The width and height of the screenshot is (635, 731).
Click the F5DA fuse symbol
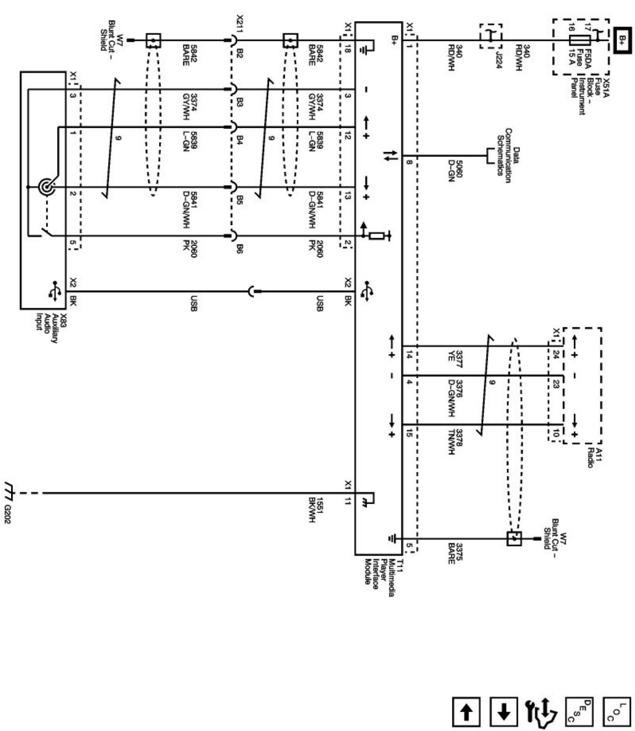(x=579, y=40)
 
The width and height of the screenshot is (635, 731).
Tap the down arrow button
(x=504, y=712)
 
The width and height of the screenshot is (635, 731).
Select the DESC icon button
(x=579, y=712)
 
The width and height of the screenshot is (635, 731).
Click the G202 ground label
(x=7, y=514)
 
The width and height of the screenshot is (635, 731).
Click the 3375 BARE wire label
(x=455, y=553)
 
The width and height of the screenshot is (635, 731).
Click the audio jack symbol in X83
(x=47, y=187)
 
